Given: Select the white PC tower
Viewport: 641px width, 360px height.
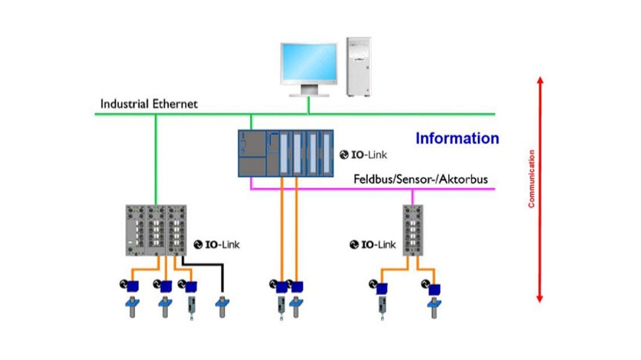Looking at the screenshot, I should coord(360,66).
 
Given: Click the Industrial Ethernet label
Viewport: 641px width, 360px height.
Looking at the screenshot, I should coord(149,103).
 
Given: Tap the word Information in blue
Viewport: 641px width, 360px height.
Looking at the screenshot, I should coord(457,139).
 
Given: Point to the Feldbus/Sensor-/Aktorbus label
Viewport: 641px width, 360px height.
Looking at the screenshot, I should coord(420,180).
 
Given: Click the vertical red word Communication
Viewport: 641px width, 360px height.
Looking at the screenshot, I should coord(531,179).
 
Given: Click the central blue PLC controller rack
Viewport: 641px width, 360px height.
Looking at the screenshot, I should coord(285,153).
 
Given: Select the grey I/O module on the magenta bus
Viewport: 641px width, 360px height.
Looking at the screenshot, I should coord(413,230).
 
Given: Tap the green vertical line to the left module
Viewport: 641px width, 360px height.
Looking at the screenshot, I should coord(156,161).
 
